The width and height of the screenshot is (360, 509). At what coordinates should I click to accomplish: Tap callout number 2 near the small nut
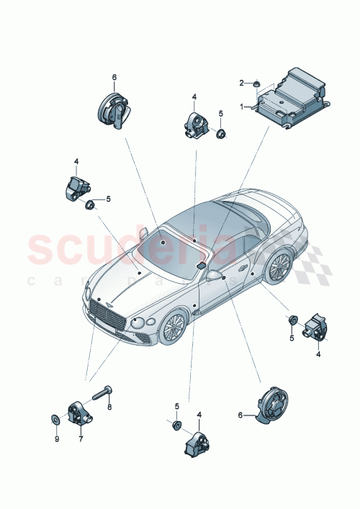243,83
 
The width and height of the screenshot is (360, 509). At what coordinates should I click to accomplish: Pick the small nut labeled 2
256,86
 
